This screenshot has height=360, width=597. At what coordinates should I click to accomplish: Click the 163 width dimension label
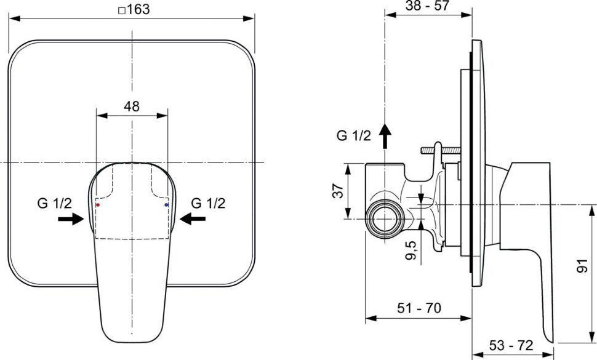coord(134,9)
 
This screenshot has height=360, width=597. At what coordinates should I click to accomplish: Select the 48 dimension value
coord(132,106)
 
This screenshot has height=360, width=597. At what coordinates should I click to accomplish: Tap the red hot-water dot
coord(98,205)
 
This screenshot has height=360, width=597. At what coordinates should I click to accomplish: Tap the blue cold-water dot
coord(166,205)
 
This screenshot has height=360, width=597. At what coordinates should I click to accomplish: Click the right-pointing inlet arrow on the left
coord(71,219)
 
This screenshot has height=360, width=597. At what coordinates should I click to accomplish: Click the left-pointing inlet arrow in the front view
coord(193,219)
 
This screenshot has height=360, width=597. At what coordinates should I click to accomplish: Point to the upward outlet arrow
coord(385,136)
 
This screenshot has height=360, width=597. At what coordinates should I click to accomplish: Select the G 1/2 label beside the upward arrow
coord(354,135)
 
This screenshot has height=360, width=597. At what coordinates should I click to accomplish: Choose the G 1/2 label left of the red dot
coord(54,203)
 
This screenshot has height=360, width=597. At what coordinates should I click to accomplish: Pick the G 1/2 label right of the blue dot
coord(208,203)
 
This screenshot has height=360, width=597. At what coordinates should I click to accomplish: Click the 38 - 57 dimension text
coord(427,6)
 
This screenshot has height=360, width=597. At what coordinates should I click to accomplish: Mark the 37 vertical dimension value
coord(338,190)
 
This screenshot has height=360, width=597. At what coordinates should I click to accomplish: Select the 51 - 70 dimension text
coord(419,308)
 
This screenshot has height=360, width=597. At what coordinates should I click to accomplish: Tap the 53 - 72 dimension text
coord(511,346)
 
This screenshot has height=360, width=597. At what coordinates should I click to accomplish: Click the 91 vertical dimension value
coord(582,266)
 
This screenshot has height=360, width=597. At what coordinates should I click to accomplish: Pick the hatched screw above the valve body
coord(441,151)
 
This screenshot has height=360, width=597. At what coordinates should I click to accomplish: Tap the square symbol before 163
coord(122,10)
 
